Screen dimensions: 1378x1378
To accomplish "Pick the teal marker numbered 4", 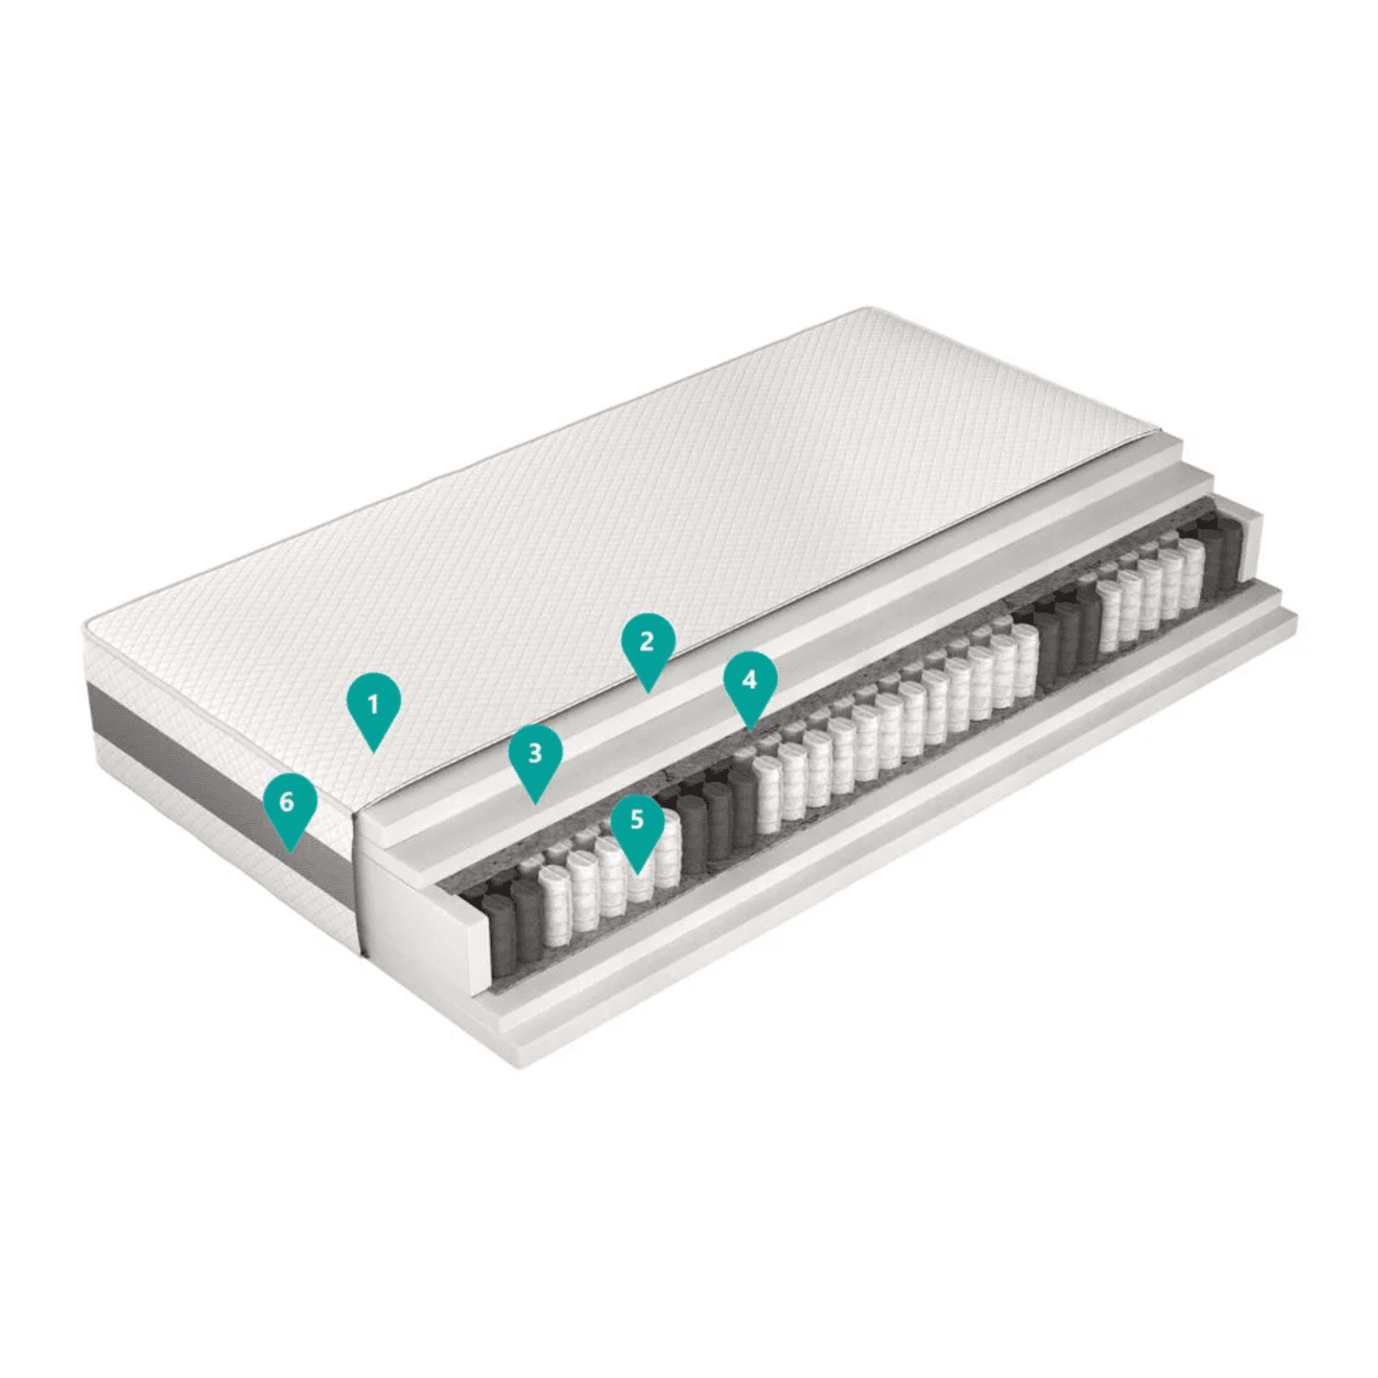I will point(749,680).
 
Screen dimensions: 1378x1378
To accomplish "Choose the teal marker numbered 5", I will point(637,822).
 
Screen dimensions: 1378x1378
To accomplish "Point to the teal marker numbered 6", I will point(288,802).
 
